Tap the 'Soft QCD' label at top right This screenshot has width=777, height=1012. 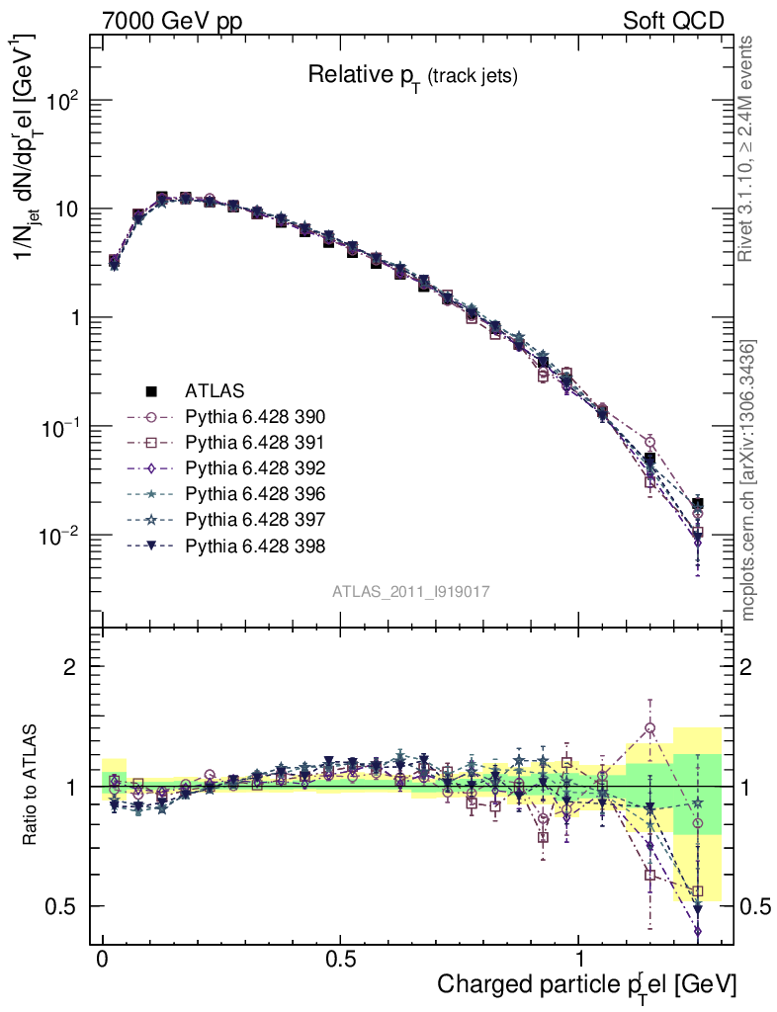pyautogui.click(x=673, y=21)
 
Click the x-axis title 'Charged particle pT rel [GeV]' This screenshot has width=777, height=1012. pyautogui.click(x=586, y=984)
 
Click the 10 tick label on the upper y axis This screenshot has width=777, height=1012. pyautogui.click(x=67, y=210)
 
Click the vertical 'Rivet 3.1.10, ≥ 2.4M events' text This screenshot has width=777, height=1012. pyautogui.click(x=748, y=148)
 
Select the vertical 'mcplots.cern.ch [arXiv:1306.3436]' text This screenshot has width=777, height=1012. pyautogui.click(x=748, y=480)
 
